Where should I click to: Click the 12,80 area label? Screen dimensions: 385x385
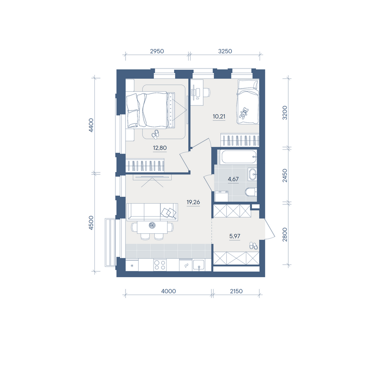[160, 148]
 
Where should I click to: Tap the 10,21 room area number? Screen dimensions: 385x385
[219, 116]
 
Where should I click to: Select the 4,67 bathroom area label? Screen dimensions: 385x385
[233, 179]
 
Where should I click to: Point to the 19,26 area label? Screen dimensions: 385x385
[193, 202]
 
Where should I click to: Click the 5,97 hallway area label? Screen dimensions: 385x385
[235, 236]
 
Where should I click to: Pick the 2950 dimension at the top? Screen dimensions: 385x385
[157, 51]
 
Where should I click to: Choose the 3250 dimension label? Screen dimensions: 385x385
[225, 51]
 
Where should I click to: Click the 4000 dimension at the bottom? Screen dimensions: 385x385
[169, 291]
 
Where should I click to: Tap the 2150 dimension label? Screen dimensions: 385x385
[236, 291]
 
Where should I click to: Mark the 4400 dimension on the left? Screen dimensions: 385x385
[91, 125]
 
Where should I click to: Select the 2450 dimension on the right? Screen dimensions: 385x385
[285, 175]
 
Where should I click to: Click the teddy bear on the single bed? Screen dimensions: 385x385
[244, 113]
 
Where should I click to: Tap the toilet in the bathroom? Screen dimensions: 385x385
[251, 192]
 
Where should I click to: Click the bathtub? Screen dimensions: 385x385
[238, 157]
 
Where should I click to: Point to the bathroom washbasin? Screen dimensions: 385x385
[253, 174]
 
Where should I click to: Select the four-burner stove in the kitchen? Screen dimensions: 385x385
[160, 265]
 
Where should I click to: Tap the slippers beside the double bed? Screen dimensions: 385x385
[155, 134]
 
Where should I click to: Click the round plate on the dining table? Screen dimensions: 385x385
[152, 225]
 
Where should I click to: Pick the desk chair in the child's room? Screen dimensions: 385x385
[207, 92]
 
